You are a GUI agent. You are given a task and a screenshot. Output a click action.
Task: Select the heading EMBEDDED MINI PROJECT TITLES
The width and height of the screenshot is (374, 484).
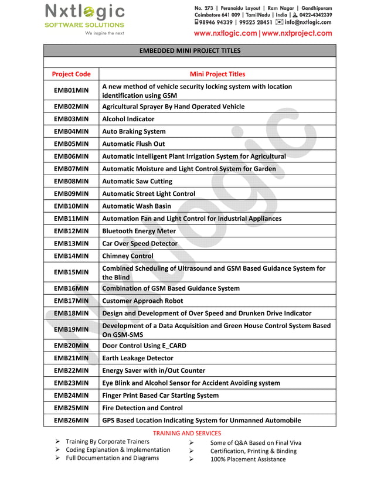[x=189, y=51]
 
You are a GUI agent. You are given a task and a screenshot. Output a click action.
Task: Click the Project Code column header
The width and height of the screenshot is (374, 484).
[x=71, y=74]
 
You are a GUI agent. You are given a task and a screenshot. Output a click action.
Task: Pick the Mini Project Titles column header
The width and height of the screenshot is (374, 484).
[x=217, y=74]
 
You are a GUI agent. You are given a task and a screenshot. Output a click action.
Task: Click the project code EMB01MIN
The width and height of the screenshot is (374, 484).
[x=71, y=91]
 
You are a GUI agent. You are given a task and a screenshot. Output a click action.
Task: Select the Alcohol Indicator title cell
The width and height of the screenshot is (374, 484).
[x=128, y=119]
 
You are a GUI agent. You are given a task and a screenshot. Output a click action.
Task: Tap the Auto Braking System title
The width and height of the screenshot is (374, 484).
[x=134, y=132]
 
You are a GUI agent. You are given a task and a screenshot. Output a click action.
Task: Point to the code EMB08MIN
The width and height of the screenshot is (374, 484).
[x=71, y=182]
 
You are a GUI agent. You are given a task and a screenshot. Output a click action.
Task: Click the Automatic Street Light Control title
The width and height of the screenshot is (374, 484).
[x=148, y=194]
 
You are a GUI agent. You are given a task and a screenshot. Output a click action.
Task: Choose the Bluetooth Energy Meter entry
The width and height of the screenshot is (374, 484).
[x=139, y=231]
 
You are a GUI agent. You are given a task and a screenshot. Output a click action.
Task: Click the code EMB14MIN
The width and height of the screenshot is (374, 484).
[x=71, y=256]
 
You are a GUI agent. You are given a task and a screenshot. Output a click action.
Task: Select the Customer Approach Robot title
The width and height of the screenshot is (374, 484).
[x=142, y=301]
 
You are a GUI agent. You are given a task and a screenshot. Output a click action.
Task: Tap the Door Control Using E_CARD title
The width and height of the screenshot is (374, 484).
[x=144, y=346]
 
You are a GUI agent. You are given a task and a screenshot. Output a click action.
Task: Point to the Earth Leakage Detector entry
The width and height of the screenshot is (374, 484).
[x=138, y=358]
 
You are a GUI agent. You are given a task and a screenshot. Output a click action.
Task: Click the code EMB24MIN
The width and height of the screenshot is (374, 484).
[x=71, y=396]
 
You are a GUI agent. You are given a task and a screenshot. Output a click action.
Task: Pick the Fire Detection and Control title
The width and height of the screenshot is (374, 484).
[x=142, y=408]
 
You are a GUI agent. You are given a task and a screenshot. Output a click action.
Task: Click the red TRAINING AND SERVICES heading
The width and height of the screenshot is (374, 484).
[x=187, y=434]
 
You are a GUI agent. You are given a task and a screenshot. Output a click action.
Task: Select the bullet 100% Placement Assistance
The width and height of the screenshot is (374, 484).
[x=248, y=459]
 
